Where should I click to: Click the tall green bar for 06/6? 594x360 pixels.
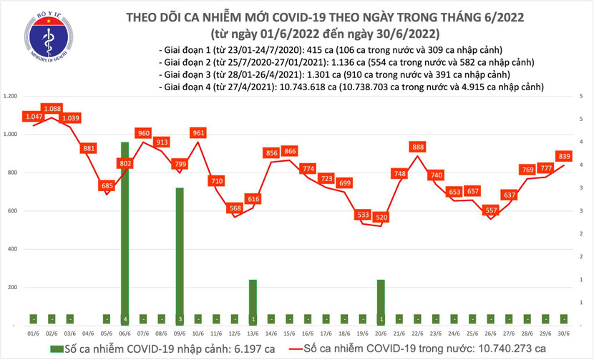pyautogui.click(x=125, y=229)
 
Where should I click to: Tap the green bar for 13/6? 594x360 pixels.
pyautogui.click(x=253, y=301)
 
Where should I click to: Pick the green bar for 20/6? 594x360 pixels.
pyautogui.click(x=381, y=301)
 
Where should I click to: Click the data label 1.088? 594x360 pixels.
pyautogui.click(x=52, y=109)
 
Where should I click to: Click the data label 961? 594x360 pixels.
pyautogui.click(x=198, y=133)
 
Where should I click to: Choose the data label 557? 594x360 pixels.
pyautogui.click(x=491, y=210)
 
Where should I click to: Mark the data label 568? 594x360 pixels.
pyautogui.click(x=234, y=208)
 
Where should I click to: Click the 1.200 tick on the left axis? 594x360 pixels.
pyautogui.click(x=10, y=96)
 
